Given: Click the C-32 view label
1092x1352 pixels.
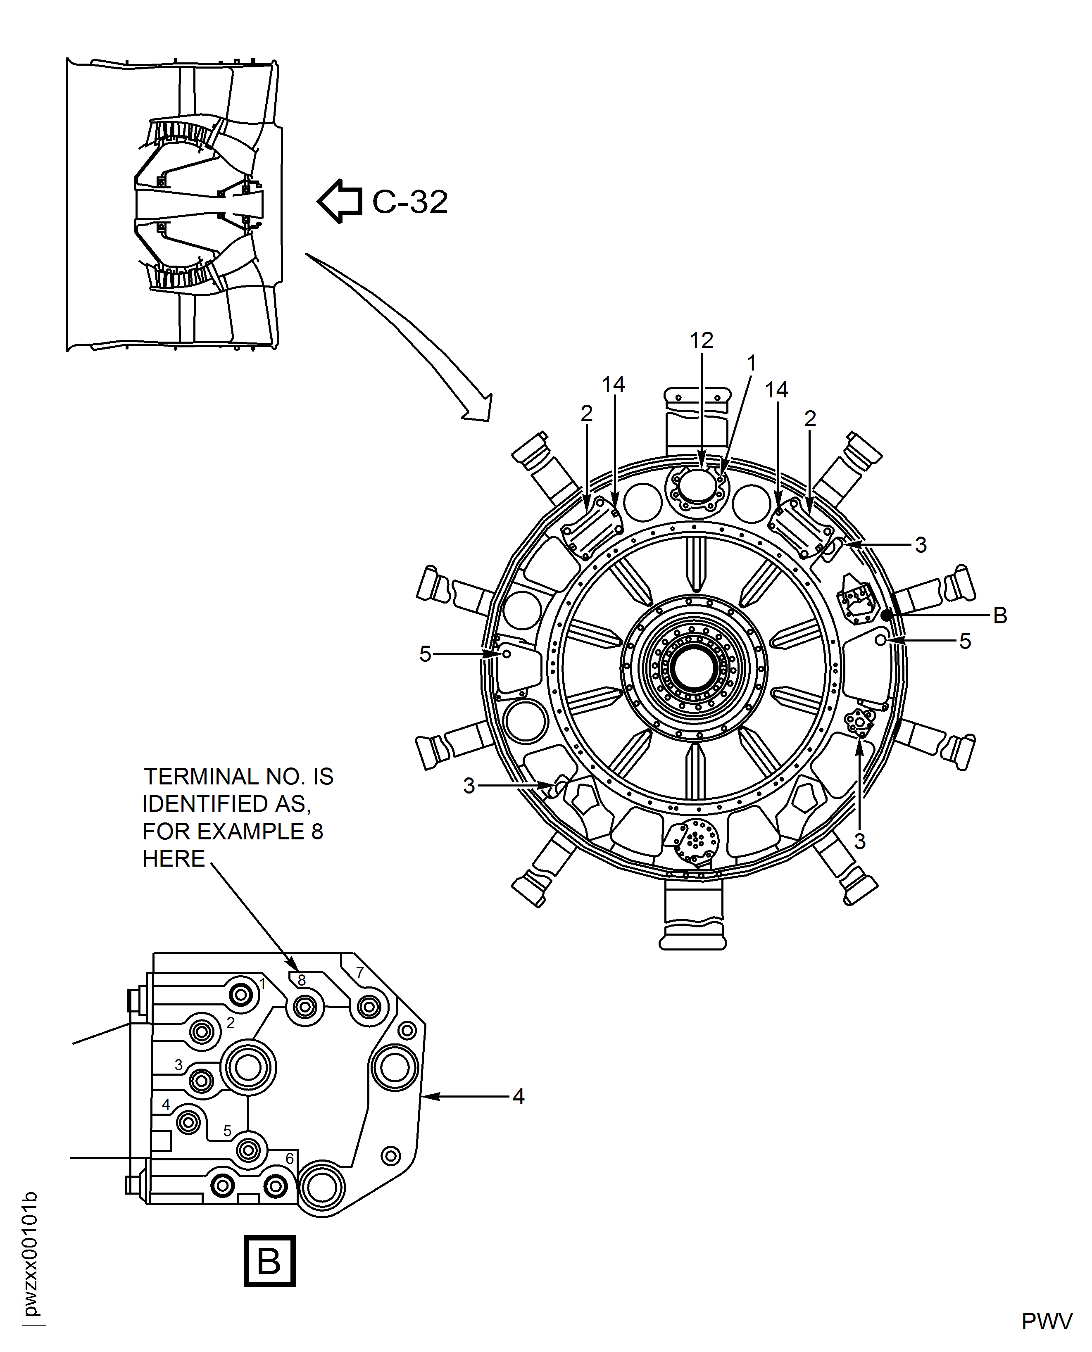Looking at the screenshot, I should coord(410,202).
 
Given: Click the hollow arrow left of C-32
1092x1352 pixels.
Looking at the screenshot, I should coord(340,201).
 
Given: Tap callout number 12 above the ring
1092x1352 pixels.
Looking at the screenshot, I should coord(702,340).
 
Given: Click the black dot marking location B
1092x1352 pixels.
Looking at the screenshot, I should coord(886,615).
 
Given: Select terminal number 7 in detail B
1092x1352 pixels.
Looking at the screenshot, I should coord(360,972).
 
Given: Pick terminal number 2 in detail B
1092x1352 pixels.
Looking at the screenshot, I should coord(231,1023).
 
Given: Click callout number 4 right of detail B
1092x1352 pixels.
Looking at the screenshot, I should coord(519,1097).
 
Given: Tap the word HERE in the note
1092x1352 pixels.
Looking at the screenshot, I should coord(174,858).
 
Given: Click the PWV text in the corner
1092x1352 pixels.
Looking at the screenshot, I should coord(1047,1321).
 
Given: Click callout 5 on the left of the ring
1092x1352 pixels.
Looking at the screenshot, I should coord(425,654).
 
